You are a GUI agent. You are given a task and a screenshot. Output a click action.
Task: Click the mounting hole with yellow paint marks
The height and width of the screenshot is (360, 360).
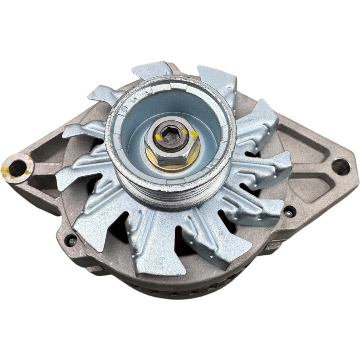[x=17, y=166]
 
